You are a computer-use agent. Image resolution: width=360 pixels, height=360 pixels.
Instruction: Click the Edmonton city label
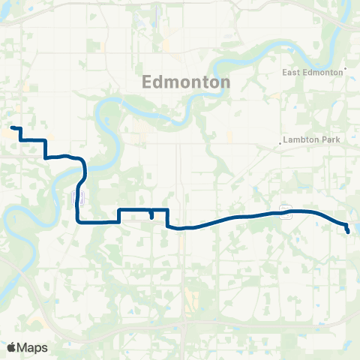click(186, 82)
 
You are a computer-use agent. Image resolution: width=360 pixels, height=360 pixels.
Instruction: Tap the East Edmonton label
click(313, 73)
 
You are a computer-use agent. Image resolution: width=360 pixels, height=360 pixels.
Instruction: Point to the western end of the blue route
click(12, 128)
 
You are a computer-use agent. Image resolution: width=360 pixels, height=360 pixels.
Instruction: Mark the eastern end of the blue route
click(349, 232)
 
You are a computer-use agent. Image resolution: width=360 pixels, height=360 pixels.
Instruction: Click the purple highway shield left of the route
click(78, 197)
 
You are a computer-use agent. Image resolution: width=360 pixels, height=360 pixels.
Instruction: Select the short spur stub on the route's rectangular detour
click(151, 215)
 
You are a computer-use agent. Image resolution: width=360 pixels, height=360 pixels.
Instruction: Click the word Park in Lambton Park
click(320, 140)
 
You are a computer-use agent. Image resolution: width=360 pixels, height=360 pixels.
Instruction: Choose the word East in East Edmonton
click(292, 73)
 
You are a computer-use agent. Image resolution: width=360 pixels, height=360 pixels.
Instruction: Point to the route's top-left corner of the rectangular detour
click(120, 209)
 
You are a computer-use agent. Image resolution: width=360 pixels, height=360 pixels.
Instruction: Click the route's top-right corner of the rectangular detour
click(166, 209)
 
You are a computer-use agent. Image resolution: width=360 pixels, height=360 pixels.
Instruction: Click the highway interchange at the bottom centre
click(184, 324)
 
